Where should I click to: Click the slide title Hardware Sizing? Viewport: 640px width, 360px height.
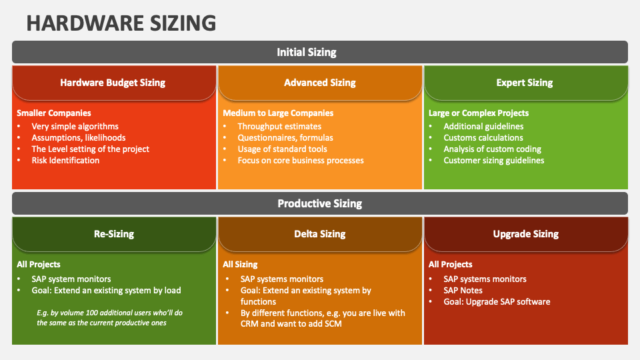pyautogui.click(x=121, y=22)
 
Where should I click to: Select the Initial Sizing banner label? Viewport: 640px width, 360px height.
pyautogui.click(x=307, y=52)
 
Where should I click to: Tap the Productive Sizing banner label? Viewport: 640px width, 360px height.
pyautogui.click(x=319, y=203)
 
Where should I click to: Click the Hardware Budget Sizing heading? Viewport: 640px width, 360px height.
pyautogui.click(x=113, y=83)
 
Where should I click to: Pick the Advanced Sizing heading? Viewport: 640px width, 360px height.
pyautogui.click(x=319, y=83)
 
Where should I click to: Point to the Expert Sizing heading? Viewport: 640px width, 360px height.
pyautogui.click(x=525, y=83)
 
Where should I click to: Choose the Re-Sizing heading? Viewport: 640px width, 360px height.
pyautogui.click(x=113, y=234)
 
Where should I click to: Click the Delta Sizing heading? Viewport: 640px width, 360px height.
pyautogui.click(x=319, y=234)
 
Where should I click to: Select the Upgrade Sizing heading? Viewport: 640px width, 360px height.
pyautogui.click(x=525, y=234)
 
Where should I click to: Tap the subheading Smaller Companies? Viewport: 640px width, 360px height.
pyautogui.click(x=54, y=113)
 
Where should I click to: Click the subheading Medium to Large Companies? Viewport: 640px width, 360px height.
pyautogui.click(x=278, y=113)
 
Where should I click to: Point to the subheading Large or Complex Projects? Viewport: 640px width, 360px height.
pyautogui.click(x=479, y=113)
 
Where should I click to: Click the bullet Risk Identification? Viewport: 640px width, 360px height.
pyautogui.click(x=65, y=161)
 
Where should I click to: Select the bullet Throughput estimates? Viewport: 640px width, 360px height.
pyautogui.click(x=279, y=127)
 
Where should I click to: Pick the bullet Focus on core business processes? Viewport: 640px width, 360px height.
pyautogui.click(x=301, y=161)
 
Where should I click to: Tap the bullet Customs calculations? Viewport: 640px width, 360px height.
pyautogui.click(x=483, y=138)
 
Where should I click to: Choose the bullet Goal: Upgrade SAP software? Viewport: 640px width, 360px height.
pyautogui.click(x=497, y=302)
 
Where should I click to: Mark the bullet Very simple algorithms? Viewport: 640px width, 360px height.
pyautogui.click(x=75, y=127)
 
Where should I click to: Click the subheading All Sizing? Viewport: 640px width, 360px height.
pyautogui.click(x=240, y=265)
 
